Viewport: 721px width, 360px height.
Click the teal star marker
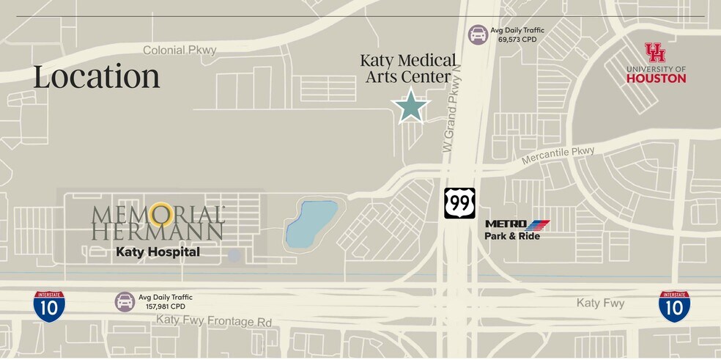(410, 106)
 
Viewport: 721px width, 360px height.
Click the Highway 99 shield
(459, 203)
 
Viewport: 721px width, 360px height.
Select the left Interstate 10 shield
(48, 306)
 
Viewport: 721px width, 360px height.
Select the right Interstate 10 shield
(673, 306)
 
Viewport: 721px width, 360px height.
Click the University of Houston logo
(656, 63)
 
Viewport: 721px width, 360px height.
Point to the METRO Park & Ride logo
(517, 229)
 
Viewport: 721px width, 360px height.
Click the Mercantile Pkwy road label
(558, 155)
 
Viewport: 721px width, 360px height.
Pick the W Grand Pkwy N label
(454, 117)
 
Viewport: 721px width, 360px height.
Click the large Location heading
(96, 77)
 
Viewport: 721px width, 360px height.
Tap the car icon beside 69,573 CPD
(478, 34)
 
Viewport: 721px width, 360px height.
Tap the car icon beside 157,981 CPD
(125, 301)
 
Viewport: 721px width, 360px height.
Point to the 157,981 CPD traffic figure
(166, 306)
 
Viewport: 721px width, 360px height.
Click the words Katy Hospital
(158, 251)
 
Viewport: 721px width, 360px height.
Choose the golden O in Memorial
(160, 214)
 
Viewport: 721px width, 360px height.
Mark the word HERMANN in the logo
(158, 231)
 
